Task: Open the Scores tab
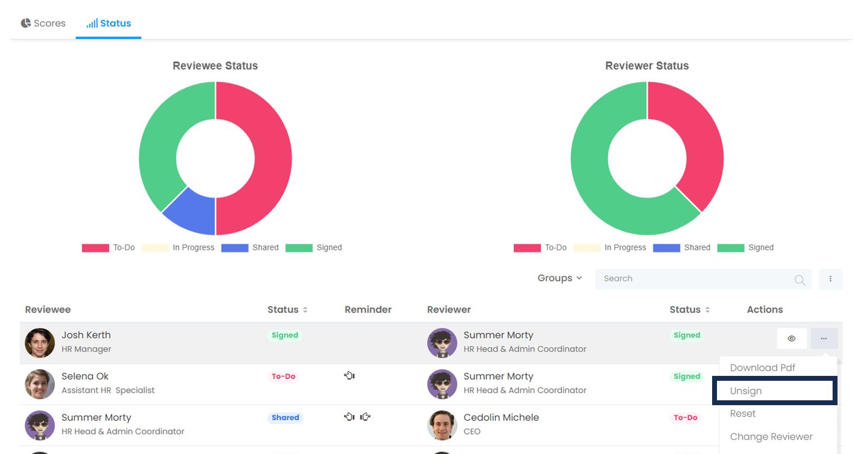(x=43, y=23)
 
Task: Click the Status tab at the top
(x=109, y=23)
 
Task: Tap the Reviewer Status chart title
(x=646, y=66)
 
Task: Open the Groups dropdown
(x=560, y=278)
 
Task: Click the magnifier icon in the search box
(x=799, y=280)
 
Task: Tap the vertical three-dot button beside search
(x=830, y=279)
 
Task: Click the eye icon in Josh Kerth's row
(x=791, y=338)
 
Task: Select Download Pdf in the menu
(x=762, y=368)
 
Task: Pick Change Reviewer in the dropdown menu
(x=771, y=437)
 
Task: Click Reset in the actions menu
(x=743, y=413)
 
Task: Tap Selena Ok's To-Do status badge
(x=283, y=376)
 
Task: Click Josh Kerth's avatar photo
(x=40, y=343)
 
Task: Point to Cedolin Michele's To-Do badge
(x=685, y=418)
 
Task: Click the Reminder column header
(x=368, y=310)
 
